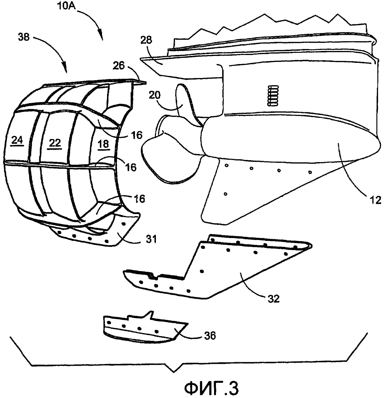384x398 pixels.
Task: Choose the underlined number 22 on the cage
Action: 55,143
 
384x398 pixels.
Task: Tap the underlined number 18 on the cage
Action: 103,144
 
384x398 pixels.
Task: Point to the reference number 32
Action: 273,299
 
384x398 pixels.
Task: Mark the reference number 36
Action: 210,336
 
